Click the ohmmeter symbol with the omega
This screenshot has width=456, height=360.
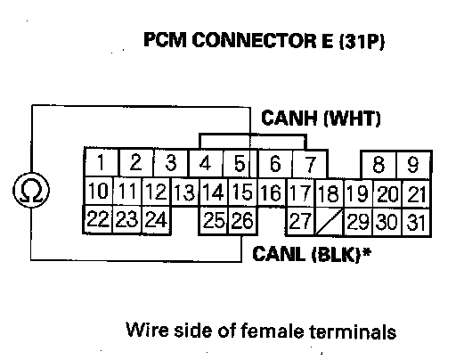click(31, 190)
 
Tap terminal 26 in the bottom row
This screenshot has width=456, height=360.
click(242, 220)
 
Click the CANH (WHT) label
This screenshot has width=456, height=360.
click(321, 119)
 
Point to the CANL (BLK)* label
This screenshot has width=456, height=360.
click(312, 254)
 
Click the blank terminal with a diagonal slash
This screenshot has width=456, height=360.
click(329, 221)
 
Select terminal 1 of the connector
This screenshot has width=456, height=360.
click(102, 162)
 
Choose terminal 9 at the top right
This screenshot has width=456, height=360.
click(414, 165)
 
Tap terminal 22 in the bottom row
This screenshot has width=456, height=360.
click(98, 219)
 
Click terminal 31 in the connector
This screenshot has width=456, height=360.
click(416, 222)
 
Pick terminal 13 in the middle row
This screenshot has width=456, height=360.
click(184, 192)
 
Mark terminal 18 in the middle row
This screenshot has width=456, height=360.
click(329, 193)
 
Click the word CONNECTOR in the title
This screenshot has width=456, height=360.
click(254, 40)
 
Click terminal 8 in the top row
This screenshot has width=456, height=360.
click(379, 165)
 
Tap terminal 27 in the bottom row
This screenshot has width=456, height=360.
click(300, 221)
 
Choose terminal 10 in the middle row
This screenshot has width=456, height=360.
click(98, 191)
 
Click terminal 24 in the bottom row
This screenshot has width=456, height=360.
click(157, 220)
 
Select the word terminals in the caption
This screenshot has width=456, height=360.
click(353, 331)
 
